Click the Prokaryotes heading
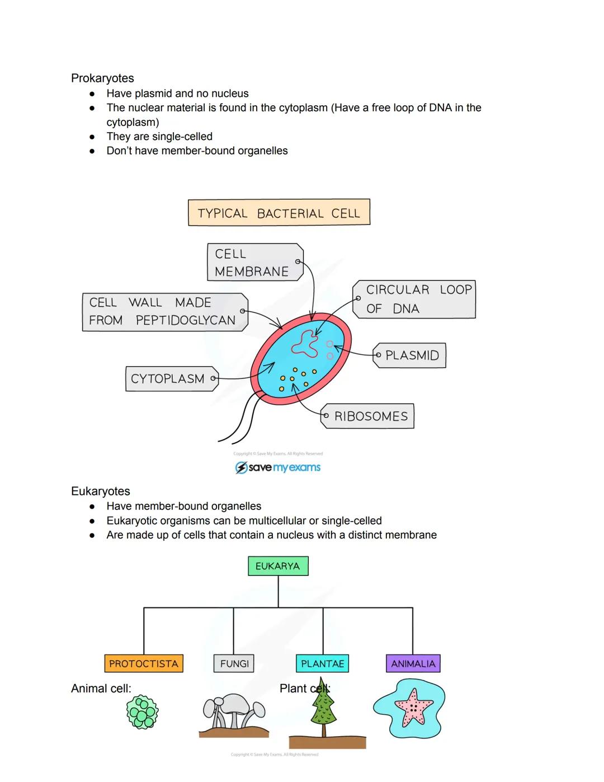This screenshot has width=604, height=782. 102,78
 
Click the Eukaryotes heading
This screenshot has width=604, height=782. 101,491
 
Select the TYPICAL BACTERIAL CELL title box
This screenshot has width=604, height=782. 279,213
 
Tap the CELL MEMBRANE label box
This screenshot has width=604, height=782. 254,262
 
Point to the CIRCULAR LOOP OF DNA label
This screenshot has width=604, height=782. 414,299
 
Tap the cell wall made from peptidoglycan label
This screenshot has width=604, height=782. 164,312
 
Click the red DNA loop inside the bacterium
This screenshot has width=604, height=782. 303,343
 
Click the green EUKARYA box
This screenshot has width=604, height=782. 278,566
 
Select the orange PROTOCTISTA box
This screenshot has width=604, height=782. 144,663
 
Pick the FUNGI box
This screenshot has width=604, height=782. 234,663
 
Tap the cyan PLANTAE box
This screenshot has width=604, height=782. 322,663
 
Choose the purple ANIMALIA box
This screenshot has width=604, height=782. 413,663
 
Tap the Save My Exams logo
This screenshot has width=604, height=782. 278,467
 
